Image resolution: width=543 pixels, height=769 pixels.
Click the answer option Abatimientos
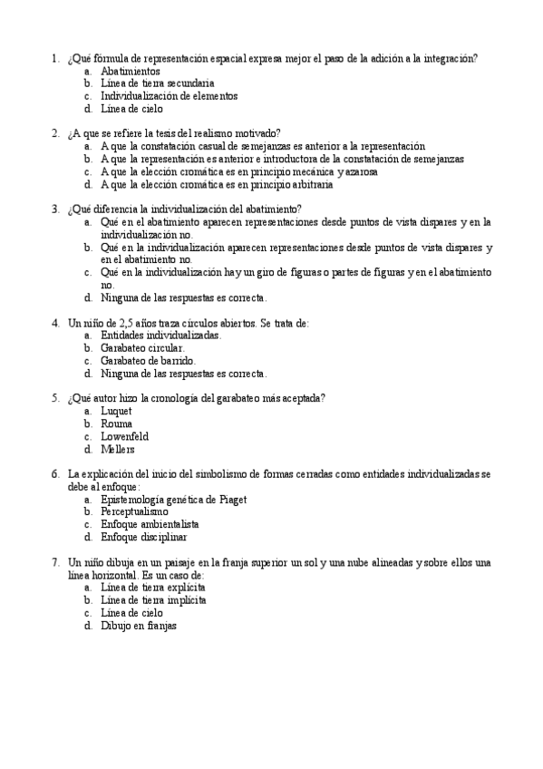tap(131, 71)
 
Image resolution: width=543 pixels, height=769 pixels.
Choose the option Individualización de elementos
tap(170, 95)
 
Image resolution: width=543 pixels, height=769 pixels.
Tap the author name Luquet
tap(116, 411)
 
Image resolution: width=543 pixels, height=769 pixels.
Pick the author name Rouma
tap(117, 423)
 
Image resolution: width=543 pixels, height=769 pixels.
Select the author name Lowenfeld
tap(125, 436)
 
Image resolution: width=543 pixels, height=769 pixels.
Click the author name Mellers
tap(118, 449)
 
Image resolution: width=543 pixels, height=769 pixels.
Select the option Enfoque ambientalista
tap(150, 524)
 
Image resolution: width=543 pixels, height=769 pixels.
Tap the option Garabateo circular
tap(143, 347)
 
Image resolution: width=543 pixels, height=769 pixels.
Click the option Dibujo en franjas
tap(139, 626)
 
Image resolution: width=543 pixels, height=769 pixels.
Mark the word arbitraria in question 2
tap(310, 184)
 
